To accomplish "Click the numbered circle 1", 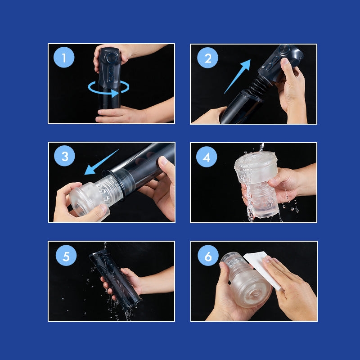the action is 64,57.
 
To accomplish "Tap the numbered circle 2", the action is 207,58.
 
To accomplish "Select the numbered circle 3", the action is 64,156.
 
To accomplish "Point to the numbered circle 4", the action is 207,157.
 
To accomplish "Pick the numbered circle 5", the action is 66,256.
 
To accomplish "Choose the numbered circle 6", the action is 208,256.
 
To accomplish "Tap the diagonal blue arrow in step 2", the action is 237,76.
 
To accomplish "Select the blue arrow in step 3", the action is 101,162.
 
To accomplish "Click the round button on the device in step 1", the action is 112,57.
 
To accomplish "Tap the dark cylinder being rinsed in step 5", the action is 115,279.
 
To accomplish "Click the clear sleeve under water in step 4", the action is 256,184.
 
